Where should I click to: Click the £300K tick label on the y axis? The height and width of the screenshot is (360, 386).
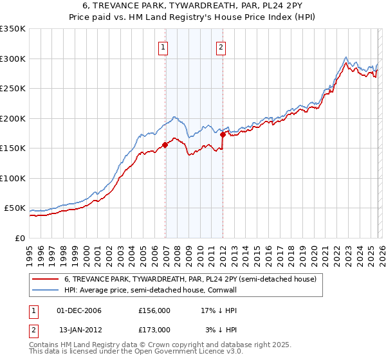point(13,59)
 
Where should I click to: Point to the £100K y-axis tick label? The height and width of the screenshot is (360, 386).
point(13,178)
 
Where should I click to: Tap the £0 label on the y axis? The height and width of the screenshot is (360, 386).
point(20,238)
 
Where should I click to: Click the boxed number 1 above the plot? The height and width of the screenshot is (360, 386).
point(163,47)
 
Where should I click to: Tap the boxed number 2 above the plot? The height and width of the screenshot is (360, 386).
point(221,47)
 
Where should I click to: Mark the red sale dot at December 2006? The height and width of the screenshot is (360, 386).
point(165,145)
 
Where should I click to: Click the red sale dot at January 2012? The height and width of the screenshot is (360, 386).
point(223,134)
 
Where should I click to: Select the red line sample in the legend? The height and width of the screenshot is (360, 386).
point(45,280)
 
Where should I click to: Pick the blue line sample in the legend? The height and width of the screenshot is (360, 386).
point(45,291)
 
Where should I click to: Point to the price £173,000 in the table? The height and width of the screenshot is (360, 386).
point(154,330)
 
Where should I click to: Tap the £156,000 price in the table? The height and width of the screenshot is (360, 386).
point(154,310)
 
